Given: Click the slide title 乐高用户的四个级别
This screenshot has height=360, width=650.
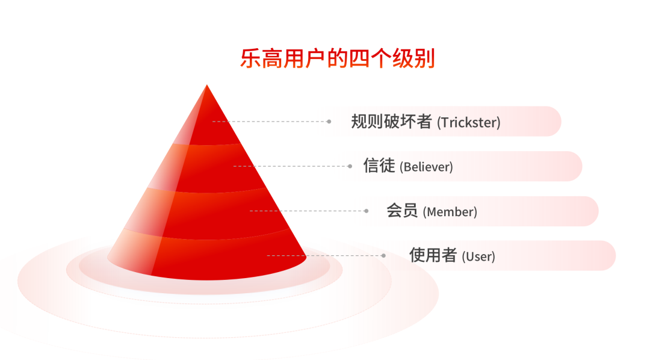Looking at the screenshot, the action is click(x=338, y=58).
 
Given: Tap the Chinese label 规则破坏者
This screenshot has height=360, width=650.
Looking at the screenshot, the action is click(x=392, y=122).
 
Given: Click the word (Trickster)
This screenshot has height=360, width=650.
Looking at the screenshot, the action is click(x=469, y=122).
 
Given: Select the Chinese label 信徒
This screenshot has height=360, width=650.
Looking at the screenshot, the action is click(x=379, y=166).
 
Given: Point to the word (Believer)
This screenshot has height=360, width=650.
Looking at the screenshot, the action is click(x=426, y=167).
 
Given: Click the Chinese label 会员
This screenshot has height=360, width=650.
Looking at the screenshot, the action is click(x=402, y=210).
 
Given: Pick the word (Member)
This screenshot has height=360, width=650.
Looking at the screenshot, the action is click(x=450, y=212).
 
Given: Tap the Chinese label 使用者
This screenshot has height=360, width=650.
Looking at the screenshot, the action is click(x=433, y=255).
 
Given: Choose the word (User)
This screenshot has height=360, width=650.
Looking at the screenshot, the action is click(x=478, y=256).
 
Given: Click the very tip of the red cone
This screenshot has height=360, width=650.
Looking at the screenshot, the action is click(x=207, y=85).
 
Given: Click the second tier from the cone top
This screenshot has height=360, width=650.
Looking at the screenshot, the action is click(x=207, y=168).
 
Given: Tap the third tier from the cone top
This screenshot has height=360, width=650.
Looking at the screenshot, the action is click(x=207, y=214).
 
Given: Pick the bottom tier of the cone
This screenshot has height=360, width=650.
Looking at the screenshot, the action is click(x=207, y=255).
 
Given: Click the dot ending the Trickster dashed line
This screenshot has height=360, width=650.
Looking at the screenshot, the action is click(x=329, y=122).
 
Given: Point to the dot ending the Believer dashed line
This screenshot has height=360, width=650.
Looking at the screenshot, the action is click(x=350, y=166).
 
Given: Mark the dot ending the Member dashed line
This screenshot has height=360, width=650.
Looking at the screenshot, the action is click(x=367, y=211).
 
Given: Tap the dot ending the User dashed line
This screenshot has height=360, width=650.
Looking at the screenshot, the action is click(x=384, y=255).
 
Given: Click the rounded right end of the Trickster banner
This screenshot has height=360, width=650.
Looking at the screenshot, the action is click(x=554, y=122).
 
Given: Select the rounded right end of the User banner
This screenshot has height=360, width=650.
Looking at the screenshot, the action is click(x=608, y=255).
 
